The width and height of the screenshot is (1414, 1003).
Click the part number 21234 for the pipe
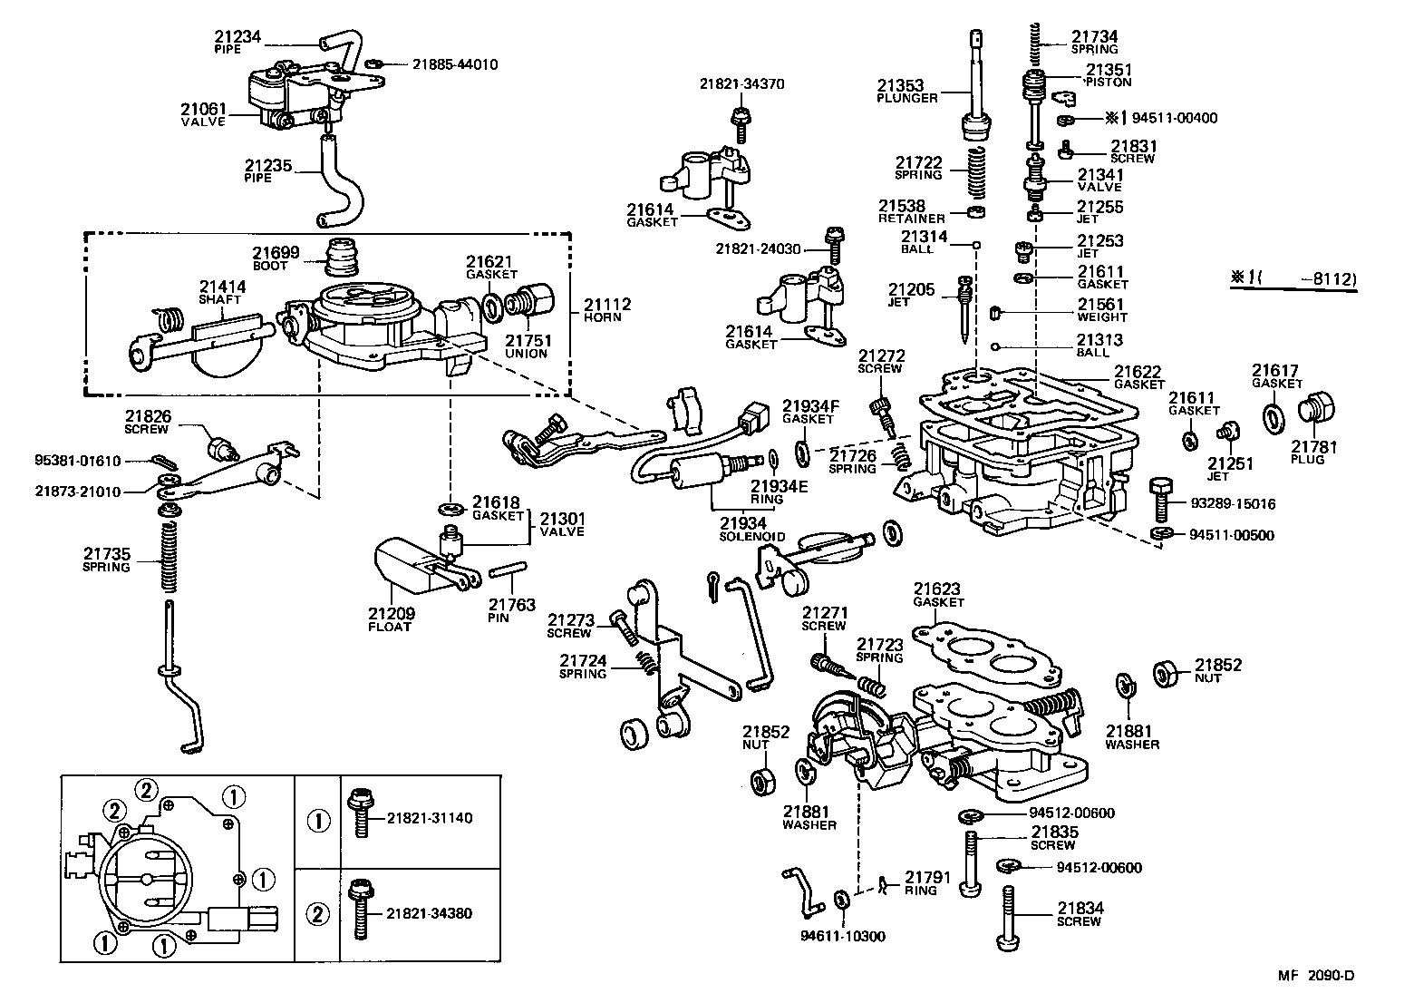(237, 37)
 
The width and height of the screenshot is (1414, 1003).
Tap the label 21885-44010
(454, 64)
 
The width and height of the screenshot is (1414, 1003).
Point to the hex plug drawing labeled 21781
(1319, 411)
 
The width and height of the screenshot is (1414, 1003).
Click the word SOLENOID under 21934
(752, 537)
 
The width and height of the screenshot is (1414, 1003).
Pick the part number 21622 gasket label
(1138, 372)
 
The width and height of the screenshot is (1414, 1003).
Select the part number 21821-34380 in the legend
(429, 913)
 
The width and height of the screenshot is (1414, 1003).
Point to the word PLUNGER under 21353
(907, 98)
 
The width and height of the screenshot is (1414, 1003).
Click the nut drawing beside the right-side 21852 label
(1166, 674)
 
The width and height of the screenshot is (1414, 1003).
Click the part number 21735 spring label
(106, 553)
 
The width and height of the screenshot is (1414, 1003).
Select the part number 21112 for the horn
(607, 305)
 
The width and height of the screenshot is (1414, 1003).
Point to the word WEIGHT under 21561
(1102, 317)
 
